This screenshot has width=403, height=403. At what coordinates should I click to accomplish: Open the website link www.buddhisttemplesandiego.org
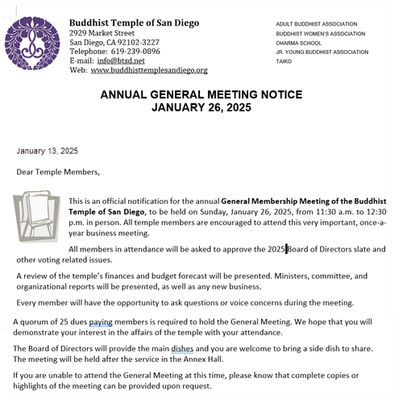click(x=149, y=71)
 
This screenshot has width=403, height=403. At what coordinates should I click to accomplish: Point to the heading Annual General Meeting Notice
click(x=201, y=94)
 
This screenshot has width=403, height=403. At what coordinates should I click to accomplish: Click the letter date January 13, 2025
click(x=47, y=151)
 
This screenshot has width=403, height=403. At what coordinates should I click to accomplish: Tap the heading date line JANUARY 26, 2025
click(x=201, y=107)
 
